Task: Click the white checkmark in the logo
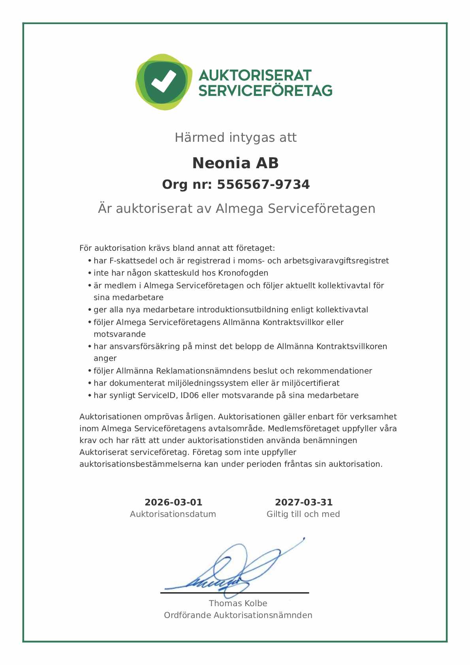click(163, 81)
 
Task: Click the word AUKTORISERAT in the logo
click(255, 75)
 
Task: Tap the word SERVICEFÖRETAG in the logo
click(265, 91)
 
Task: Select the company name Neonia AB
click(235, 163)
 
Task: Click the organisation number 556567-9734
click(263, 184)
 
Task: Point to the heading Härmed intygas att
click(235, 137)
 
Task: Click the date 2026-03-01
click(173, 502)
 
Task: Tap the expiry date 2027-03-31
click(303, 502)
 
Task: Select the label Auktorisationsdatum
click(173, 514)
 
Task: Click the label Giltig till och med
click(303, 514)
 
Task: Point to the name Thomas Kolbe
click(238, 603)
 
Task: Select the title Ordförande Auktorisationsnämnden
click(238, 615)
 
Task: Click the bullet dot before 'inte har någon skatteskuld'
click(90, 273)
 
